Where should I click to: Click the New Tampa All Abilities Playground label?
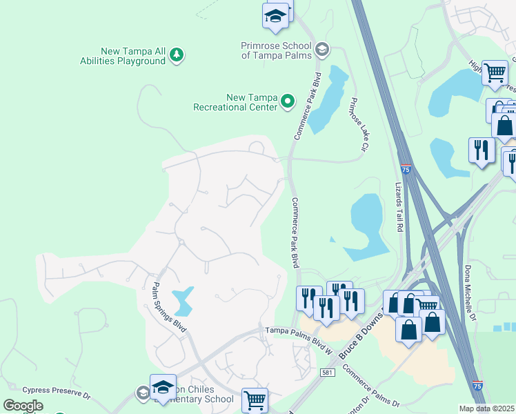click(133, 56)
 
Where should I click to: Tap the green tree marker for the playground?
click(177, 55)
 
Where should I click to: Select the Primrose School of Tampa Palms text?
click(275, 50)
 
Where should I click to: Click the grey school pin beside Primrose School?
click(321, 49)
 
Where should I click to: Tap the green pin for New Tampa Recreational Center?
click(288, 102)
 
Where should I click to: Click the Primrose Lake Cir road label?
click(357, 124)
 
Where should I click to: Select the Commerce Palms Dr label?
click(369, 386)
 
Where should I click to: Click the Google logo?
click(23, 406)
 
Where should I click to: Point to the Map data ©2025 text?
click(486, 408)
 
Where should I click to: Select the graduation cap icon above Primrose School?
click(275, 16)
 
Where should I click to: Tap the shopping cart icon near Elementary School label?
click(255, 400)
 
